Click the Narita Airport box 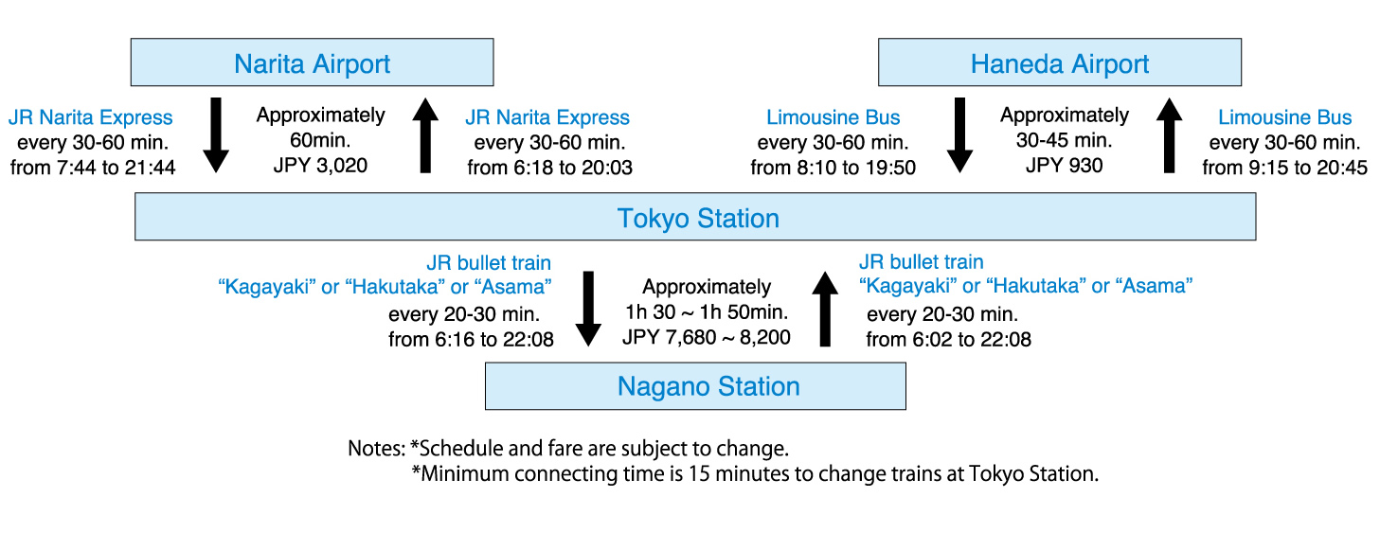(x=312, y=62)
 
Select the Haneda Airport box (x=1060, y=62)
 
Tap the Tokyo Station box (x=695, y=217)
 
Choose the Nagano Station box (x=695, y=386)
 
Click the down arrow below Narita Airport (x=216, y=134)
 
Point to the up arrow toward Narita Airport (x=425, y=134)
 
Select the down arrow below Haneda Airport (x=959, y=134)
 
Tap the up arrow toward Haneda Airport (x=1169, y=134)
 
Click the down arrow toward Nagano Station (x=588, y=309)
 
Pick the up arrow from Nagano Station (x=825, y=309)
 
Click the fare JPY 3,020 (x=320, y=166)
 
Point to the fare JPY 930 (x=1064, y=166)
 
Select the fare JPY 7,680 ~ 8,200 (x=706, y=337)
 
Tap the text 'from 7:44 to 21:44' (x=93, y=168)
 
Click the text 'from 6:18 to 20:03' (x=549, y=168)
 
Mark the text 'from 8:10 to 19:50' (x=833, y=168)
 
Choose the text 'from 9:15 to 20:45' (x=1284, y=168)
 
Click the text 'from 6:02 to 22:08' (x=949, y=339)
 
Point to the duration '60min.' (x=320, y=140)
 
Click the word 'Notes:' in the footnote (x=376, y=448)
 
